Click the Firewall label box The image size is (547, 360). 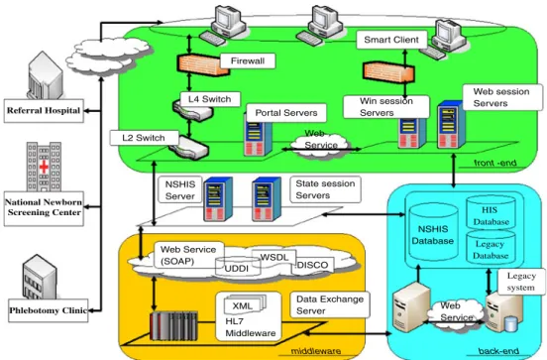point(248,61)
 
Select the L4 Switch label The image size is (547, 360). point(210,99)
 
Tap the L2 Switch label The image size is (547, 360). point(144,138)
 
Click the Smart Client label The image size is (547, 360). point(391,40)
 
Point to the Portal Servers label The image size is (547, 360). point(286,113)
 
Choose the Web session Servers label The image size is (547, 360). point(502,97)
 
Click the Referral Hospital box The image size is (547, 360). point(44,111)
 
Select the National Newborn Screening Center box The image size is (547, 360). point(44,208)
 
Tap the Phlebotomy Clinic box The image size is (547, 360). point(49,310)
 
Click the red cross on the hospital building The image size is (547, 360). point(44,167)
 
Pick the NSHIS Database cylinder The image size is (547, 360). point(433,233)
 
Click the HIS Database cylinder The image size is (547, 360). point(491,213)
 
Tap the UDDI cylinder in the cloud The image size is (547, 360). point(238,267)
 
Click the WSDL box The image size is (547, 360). point(274,258)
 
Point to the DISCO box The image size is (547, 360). point(312,266)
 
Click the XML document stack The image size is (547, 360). point(245,303)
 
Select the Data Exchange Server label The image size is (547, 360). point(330,304)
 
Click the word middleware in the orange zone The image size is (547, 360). point(316,351)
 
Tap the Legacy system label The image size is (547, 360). point(521,282)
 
